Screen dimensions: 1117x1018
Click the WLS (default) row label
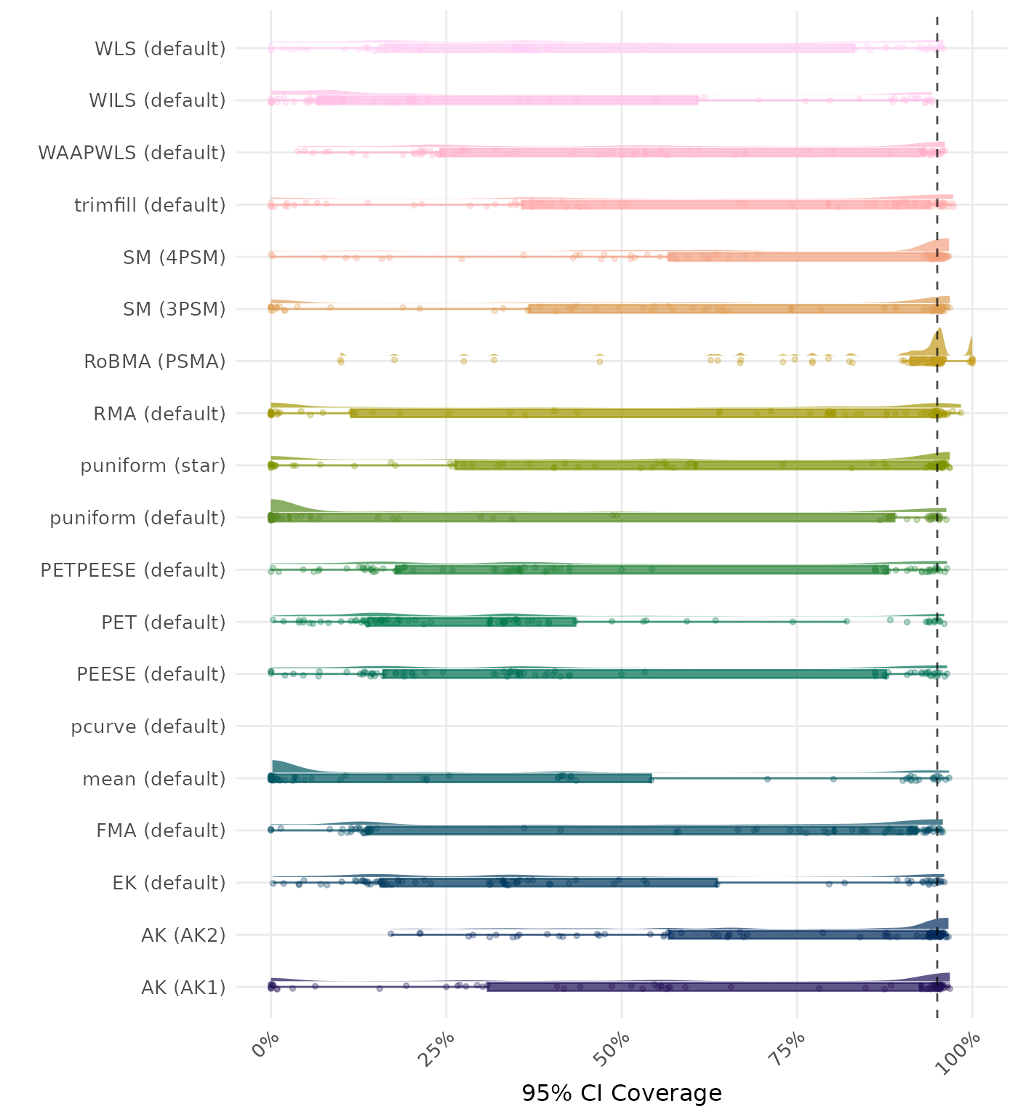click(x=160, y=49)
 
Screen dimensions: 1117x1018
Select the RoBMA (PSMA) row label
click(x=155, y=361)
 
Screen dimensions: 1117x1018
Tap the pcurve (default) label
click(x=148, y=726)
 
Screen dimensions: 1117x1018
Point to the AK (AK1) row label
click(x=183, y=988)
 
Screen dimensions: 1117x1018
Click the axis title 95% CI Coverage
click(x=622, y=1093)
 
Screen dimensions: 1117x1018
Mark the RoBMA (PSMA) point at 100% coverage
click(x=971, y=361)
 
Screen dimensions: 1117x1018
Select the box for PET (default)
click(x=473, y=622)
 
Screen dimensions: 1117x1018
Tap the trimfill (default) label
click(x=150, y=205)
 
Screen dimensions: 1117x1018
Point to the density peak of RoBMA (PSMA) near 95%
click(x=939, y=339)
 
